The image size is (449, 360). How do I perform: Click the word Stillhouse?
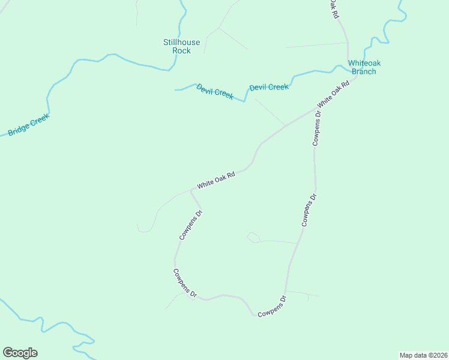(181, 43)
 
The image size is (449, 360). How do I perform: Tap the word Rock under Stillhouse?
(181, 51)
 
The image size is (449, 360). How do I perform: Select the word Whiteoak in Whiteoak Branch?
(364, 63)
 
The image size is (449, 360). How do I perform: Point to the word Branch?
(364, 71)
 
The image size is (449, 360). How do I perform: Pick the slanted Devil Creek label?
(215, 91)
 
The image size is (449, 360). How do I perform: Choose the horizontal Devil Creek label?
(269, 87)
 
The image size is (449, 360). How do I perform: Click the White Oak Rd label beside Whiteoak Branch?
(333, 94)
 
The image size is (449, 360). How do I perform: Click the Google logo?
(20, 353)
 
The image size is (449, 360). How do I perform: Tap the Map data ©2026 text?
(423, 355)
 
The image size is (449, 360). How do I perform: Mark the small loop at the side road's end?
(253, 238)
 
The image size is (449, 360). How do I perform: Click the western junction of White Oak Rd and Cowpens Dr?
(191, 190)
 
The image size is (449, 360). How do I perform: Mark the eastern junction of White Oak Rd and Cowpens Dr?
(315, 109)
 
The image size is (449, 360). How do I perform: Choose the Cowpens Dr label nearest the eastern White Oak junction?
(317, 129)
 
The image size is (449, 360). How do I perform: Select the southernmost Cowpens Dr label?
(272, 307)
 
